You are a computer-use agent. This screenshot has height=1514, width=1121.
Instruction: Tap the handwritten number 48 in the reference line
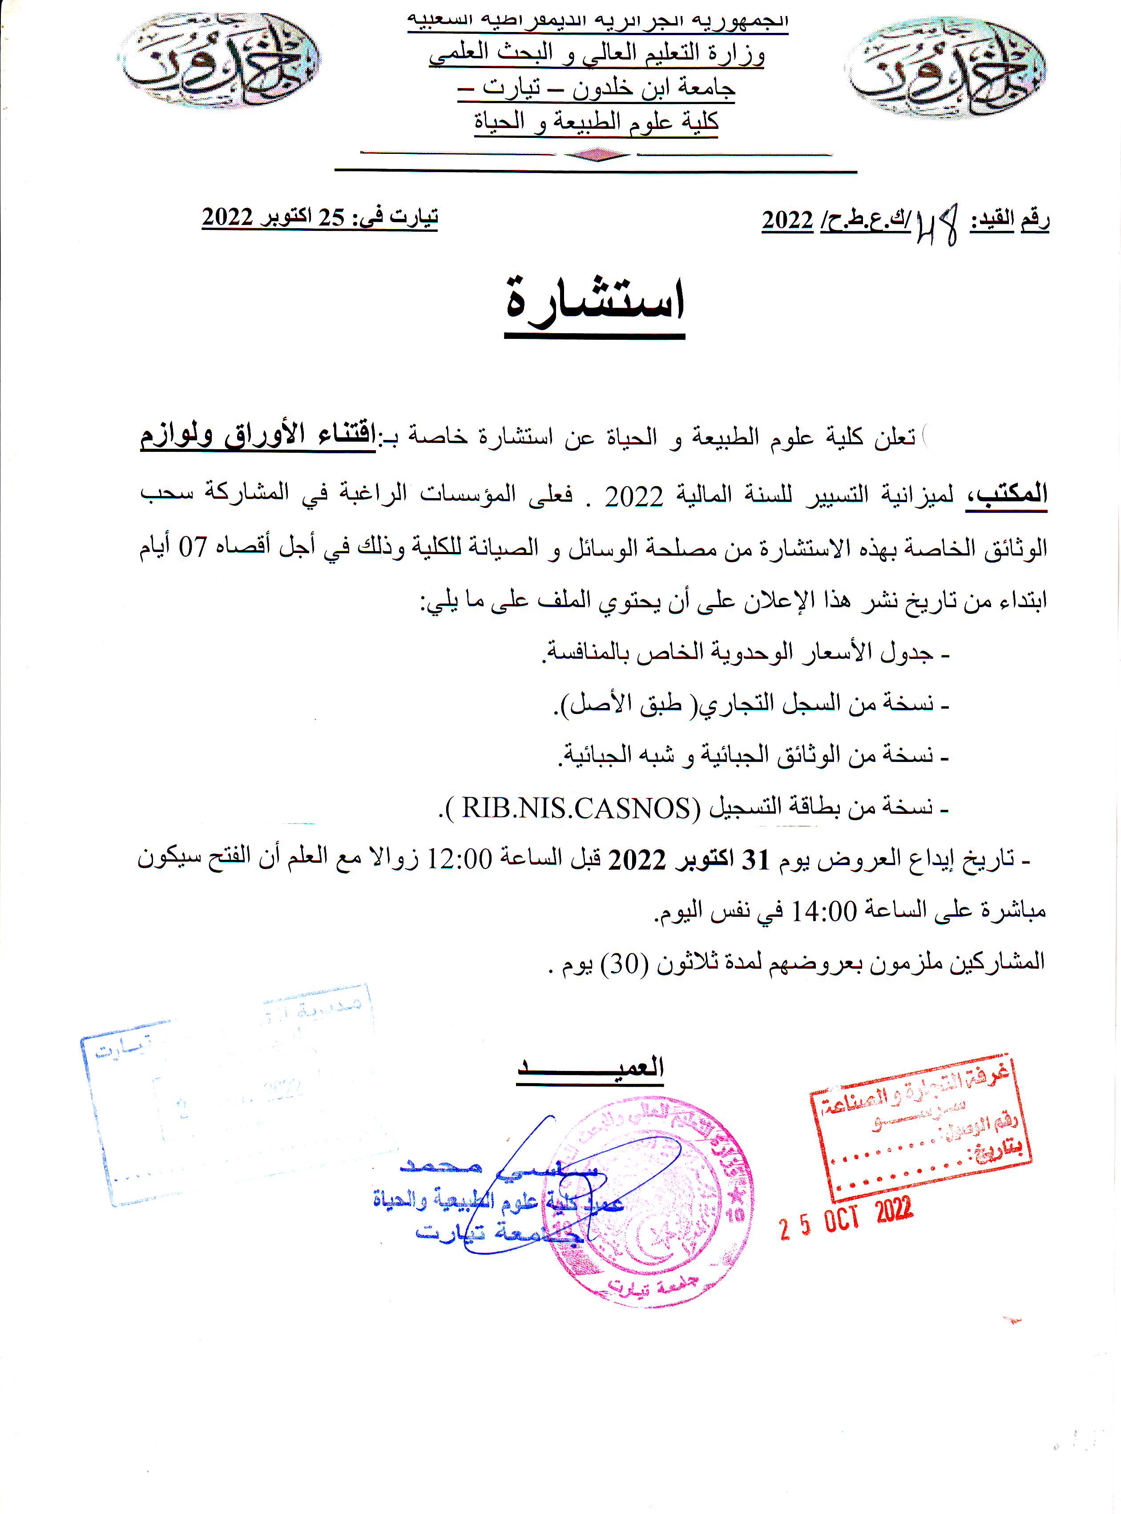tap(936, 224)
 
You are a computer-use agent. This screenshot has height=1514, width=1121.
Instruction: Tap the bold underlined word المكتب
tap(1006, 493)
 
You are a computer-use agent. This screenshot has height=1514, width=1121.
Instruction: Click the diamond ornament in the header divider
tap(597, 155)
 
